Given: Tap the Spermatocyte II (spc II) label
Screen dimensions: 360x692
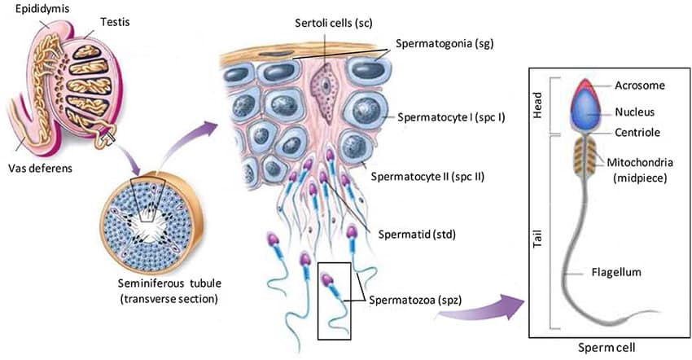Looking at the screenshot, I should point(427,175).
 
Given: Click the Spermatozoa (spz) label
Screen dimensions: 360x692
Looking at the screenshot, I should point(415,300).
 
